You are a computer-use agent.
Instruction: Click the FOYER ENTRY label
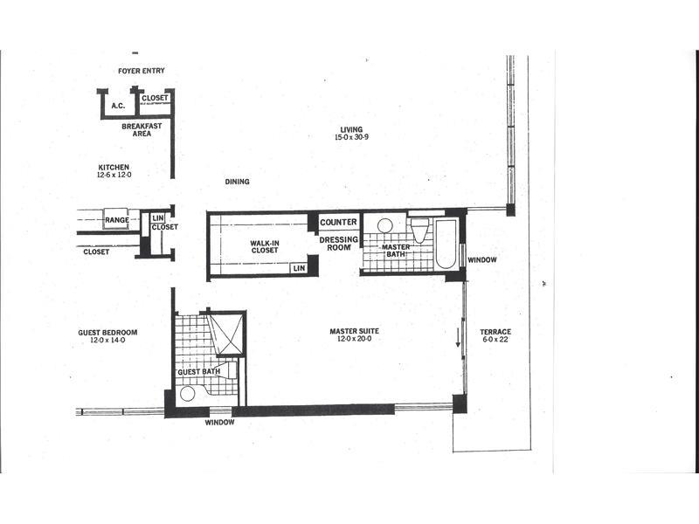click(x=142, y=71)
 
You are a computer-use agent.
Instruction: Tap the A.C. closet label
click(x=118, y=106)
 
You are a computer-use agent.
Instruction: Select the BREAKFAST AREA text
click(x=142, y=129)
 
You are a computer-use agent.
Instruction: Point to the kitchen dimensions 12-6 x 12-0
click(x=114, y=176)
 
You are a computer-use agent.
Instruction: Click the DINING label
click(x=237, y=182)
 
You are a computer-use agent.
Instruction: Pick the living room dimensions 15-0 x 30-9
click(x=352, y=137)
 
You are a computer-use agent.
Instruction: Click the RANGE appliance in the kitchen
click(x=117, y=219)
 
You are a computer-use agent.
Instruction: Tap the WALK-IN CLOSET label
click(x=265, y=247)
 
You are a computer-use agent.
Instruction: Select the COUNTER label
click(x=338, y=222)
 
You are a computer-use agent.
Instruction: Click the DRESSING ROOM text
click(x=339, y=244)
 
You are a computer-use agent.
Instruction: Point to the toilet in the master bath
click(x=419, y=229)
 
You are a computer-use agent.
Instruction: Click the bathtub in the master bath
click(x=445, y=245)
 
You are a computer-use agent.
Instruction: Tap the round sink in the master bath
click(x=384, y=225)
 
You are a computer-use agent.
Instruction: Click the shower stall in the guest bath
click(x=226, y=334)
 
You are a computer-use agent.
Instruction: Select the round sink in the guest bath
click(x=188, y=395)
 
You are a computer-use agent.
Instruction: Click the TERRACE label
click(x=495, y=332)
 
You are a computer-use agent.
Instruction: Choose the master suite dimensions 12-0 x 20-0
click(x=355, y=339)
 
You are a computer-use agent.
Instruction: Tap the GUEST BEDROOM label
click(x=107, y=333)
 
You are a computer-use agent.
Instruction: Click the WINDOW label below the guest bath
click(x=220, y=423)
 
